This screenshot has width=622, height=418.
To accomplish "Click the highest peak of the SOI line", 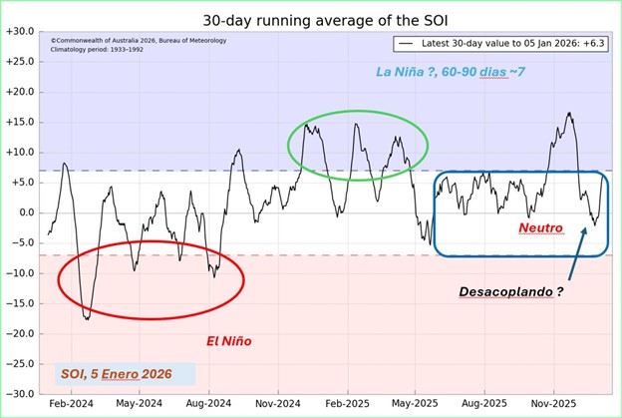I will click(569, 113).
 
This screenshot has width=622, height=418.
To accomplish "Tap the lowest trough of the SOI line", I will click(87, 318).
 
